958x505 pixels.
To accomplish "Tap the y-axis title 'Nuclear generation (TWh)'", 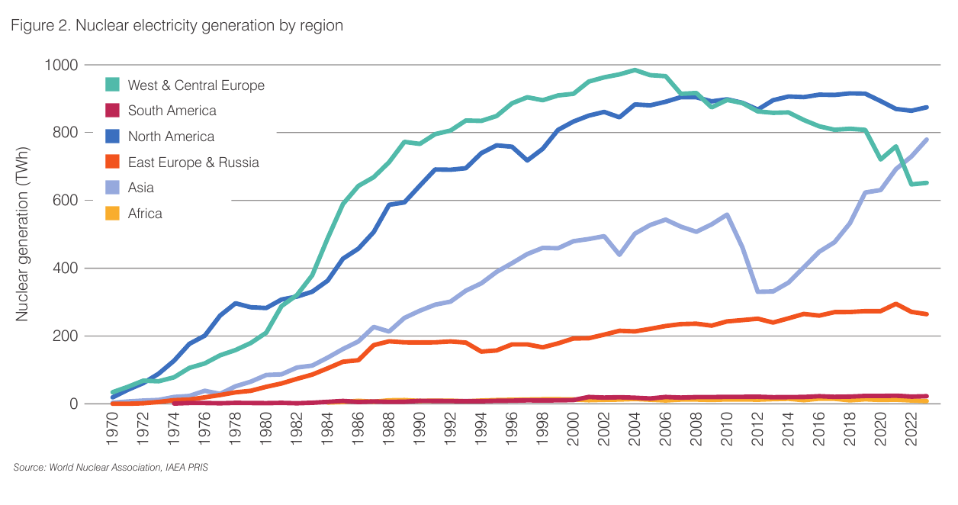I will click(x=22, y=233).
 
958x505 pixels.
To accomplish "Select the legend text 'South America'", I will click(x=172, y=111).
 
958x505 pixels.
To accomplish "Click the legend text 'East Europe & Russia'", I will click(x=193, y=162).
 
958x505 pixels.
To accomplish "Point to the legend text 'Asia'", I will click(x=141, y=188).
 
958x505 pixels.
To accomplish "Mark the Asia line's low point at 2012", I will click(x=758, y=291).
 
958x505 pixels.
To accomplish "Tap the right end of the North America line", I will click(x=926, y=108).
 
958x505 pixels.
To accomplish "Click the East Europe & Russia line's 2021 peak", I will click(x=895, y=304).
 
